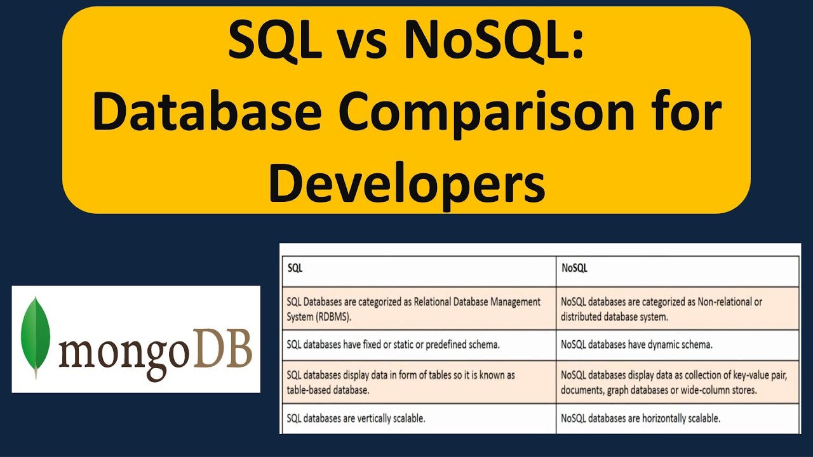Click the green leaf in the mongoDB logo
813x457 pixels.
(x=35, y=336)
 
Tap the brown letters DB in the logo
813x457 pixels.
(x=222, y=348)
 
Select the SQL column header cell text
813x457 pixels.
(x=295, y=268)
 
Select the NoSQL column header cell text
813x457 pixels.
(x=574, y=268)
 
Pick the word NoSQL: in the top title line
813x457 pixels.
(x=494, y=40)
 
